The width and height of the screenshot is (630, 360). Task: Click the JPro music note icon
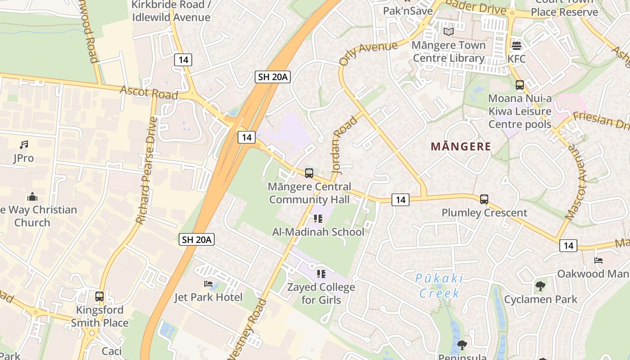24,144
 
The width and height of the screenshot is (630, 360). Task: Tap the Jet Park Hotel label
208,297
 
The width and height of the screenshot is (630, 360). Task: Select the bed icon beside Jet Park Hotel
208,283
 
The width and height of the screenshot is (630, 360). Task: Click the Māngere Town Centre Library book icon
449,31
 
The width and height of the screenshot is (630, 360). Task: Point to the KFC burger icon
516,45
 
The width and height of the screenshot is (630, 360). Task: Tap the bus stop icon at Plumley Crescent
484,199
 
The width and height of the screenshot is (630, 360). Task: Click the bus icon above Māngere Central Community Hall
309,173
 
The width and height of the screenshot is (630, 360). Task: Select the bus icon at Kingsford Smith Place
99,297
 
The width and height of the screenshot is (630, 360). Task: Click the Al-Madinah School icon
318,219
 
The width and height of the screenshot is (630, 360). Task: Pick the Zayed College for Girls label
321,293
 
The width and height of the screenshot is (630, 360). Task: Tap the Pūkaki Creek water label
439,286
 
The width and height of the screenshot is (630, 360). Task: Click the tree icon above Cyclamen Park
540,286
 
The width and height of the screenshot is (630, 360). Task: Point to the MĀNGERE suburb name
460,146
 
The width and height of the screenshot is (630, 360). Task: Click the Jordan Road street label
344,144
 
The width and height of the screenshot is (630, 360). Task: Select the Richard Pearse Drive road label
147,171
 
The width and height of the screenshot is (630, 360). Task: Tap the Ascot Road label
148,92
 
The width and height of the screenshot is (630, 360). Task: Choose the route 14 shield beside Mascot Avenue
568,245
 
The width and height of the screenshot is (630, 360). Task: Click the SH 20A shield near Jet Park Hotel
197,239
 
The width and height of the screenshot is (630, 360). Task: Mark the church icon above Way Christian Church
32,197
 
